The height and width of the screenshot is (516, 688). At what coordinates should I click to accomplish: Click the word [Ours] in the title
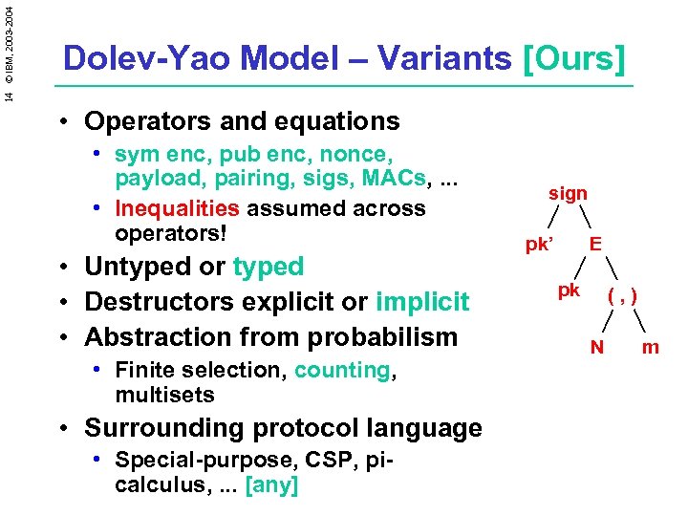[574, 59]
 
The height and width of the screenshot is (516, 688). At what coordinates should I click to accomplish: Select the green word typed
[269, 267]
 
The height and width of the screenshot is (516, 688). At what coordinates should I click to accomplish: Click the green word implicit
[422, 302]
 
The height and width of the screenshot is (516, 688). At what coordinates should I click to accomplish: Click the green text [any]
[272, 485]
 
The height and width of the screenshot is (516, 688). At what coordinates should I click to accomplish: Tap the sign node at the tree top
[568, 193]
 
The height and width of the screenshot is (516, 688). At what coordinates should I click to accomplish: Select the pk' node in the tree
[540, 245]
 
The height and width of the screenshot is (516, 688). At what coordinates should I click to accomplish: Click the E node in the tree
[595, 245]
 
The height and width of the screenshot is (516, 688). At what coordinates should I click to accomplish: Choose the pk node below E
[569, 290]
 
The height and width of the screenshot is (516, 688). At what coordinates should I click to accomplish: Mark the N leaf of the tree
[596, 347]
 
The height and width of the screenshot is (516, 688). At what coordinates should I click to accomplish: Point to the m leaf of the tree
[651, 347]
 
